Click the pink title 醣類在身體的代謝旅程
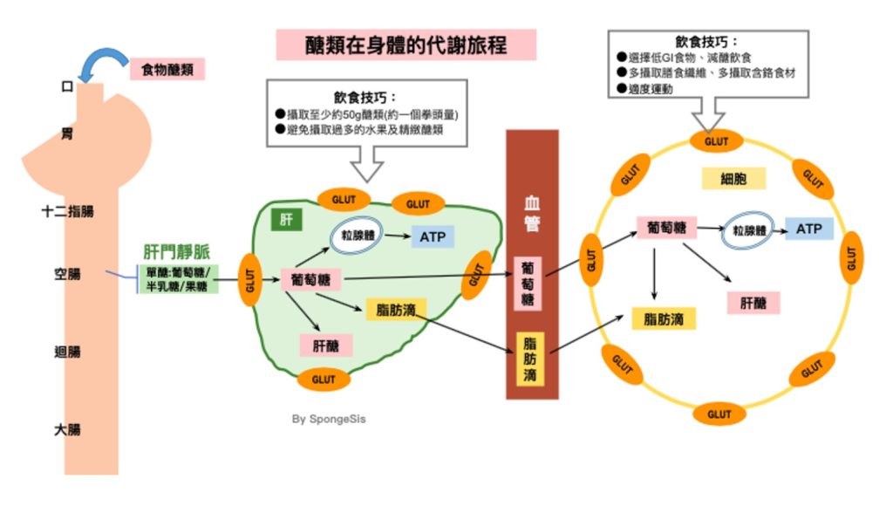406,44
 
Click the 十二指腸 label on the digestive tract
67,211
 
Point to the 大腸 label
67,429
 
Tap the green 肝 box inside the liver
286,219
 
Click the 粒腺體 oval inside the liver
357,236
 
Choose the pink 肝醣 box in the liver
325,345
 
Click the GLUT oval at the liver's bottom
324,380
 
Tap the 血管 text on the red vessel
531,213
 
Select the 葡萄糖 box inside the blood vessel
530,284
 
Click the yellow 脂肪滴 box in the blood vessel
530,358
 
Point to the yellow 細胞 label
733,179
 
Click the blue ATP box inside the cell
809,229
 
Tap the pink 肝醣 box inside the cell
753,302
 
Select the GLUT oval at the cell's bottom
719,414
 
